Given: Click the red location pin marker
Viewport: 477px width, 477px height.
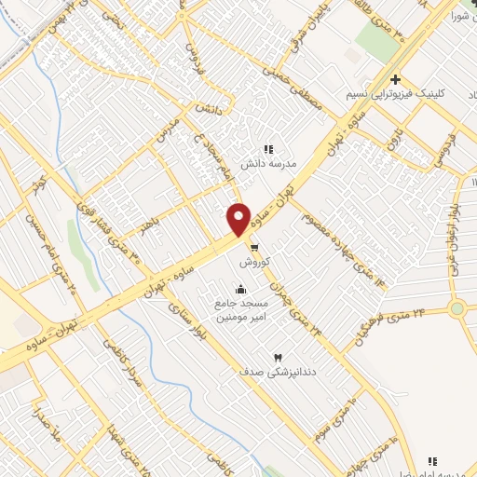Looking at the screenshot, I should coord(239,219).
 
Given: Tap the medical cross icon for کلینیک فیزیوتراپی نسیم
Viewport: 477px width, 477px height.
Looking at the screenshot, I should coord(396,80).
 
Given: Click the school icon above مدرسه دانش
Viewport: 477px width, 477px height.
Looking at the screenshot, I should coord(268,148).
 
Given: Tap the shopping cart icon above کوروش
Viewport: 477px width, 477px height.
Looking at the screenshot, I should coord(253,247).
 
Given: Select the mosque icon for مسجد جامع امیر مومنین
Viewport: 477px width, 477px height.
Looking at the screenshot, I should coord(242,288).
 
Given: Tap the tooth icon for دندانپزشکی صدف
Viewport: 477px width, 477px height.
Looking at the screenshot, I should coord(277,358).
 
